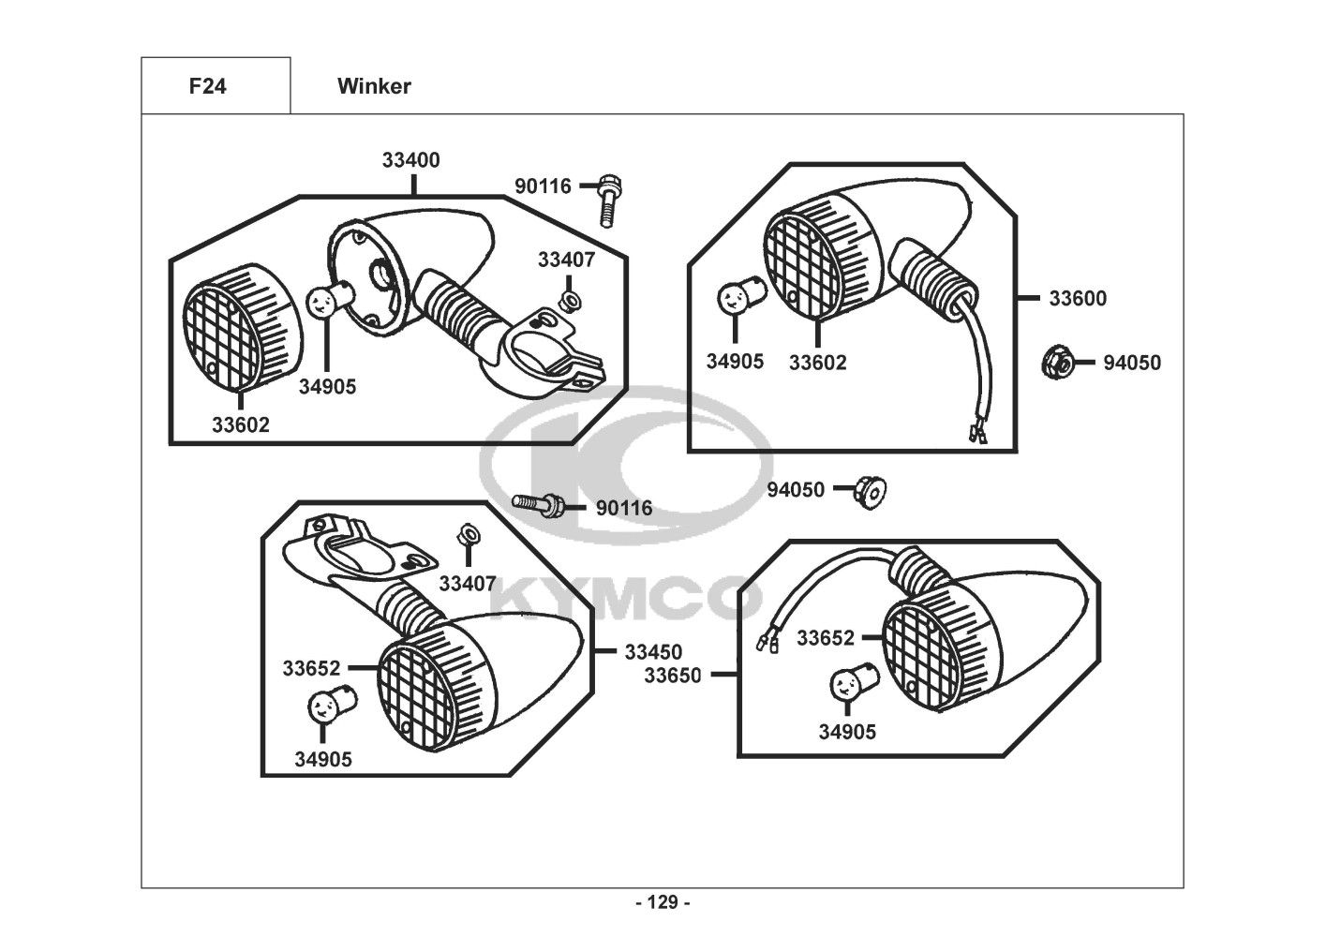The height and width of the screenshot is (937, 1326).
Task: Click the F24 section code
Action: click(x=207, y=87)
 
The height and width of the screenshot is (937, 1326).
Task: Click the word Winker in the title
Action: click(x=374, y=87)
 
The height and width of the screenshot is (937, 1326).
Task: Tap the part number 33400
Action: click(x=410, y=160)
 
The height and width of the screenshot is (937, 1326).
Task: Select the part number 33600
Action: click(x=1077, y=299)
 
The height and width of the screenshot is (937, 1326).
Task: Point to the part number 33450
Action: click(x=653, y=652)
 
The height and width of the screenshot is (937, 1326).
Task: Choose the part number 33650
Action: click(x=672, y=675)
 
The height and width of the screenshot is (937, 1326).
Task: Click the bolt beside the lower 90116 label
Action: click(x=539, y=504)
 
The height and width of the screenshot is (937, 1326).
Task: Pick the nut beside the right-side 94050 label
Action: click(x=1056, y=362)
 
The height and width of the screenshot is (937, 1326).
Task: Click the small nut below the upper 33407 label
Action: click(x=568, y=300)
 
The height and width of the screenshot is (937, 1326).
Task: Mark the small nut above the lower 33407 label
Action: click(x=466, y=537)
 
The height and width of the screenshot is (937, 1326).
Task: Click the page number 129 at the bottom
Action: click(x=663, y=903)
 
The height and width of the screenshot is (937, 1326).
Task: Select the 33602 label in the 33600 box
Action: click(x=817, y=363)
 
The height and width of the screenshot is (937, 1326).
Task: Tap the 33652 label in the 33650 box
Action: click(x=826, y=638)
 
